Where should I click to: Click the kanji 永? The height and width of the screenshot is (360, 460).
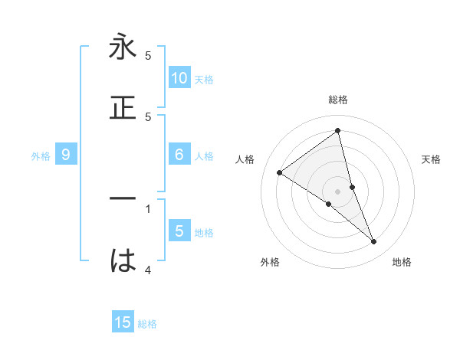point(123,48)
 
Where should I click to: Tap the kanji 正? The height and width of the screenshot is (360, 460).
point(123,108)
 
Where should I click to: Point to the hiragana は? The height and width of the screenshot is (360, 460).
point(123,261)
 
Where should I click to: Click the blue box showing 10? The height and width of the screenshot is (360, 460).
point(179,77)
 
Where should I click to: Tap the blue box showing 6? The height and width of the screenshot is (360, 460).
point(179,155)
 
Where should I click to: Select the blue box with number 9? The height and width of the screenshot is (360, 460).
point(66,155)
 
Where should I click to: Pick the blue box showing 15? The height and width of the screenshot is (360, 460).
point(123,322)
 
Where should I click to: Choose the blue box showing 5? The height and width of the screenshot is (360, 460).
point(179,231)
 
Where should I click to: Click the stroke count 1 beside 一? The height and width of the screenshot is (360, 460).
point(148,208)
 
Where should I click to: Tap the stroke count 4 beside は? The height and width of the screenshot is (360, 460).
point(148,270)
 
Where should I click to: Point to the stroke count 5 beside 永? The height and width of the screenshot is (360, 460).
point(148,55)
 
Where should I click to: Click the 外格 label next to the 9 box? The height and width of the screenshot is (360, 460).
point(41,156)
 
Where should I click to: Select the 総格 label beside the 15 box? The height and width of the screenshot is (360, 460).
point(147,324)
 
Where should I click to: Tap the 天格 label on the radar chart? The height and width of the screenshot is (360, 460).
point(431,159)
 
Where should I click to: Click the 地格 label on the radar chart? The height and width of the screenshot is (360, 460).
point(402,262)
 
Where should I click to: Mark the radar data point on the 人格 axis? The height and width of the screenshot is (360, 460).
point(279,172)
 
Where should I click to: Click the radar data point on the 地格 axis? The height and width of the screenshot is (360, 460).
point(374,242)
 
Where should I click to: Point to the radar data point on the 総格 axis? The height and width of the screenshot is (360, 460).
point(337,130)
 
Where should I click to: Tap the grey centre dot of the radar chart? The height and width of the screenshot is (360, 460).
point(337,191)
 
